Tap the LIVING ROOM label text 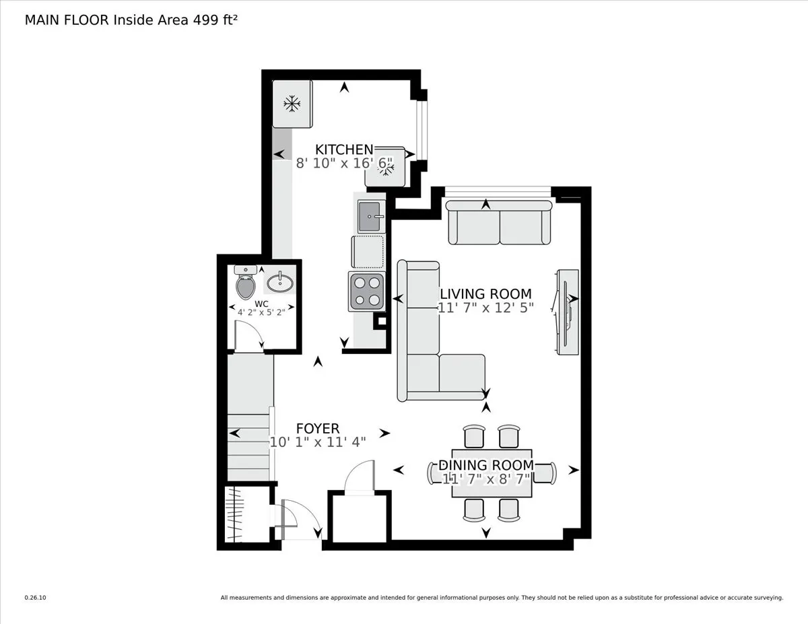coord(485,294)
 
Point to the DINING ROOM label coord(485,465)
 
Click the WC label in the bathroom coord(261,303)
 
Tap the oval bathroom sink coord(279,281)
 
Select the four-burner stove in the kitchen coord(366,291)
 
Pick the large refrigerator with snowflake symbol coord(292,104)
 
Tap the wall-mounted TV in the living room coord(566,312)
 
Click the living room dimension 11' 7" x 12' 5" coord(485,308)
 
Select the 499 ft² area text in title coord(216,20)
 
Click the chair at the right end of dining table coord(547,473)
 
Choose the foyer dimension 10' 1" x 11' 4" coord(318,442)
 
